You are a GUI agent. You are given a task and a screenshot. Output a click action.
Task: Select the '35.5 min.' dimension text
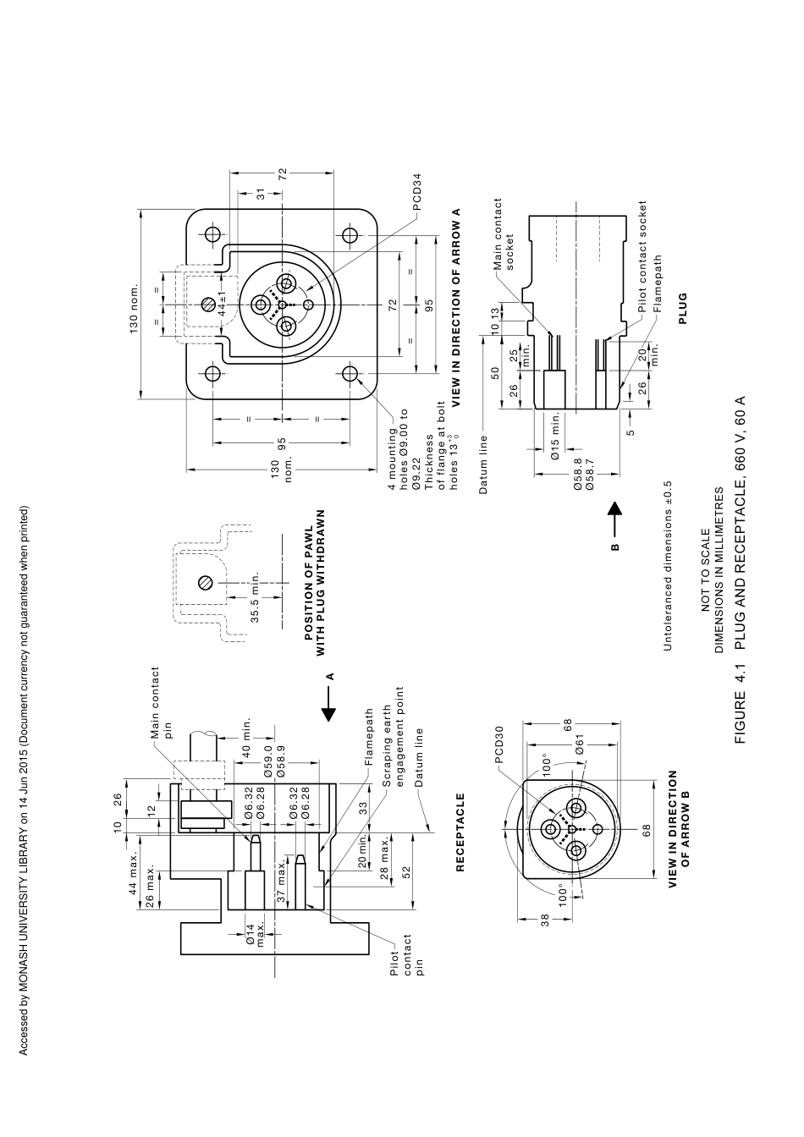coord(255,596)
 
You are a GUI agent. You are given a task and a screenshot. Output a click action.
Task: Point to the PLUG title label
coord(683,309)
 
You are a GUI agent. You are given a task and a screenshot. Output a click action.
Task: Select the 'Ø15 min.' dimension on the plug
coord(555,435)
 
